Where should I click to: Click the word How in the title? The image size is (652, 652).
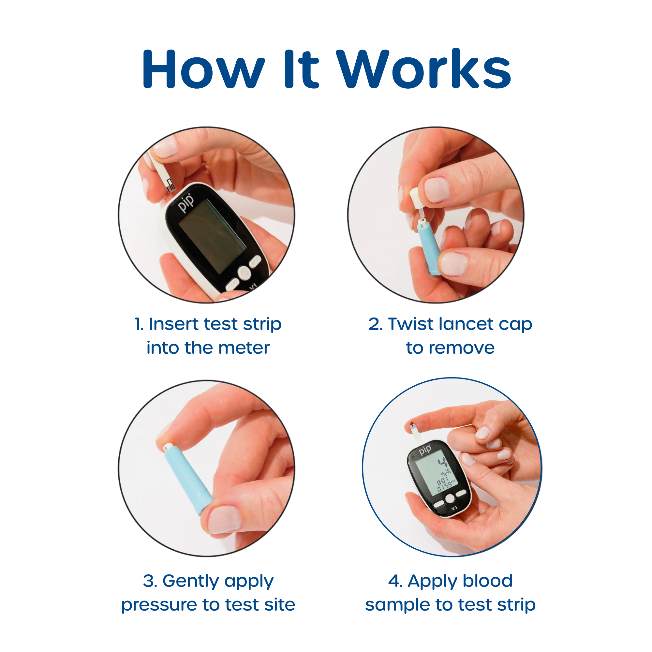coord(203,69)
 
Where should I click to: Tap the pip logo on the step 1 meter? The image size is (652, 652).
coord(186,203)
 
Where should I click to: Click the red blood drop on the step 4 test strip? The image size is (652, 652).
coord(411,424)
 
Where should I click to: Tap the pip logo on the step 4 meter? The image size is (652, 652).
coord(425,450)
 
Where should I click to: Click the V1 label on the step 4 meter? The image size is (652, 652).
coord(454,508)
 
